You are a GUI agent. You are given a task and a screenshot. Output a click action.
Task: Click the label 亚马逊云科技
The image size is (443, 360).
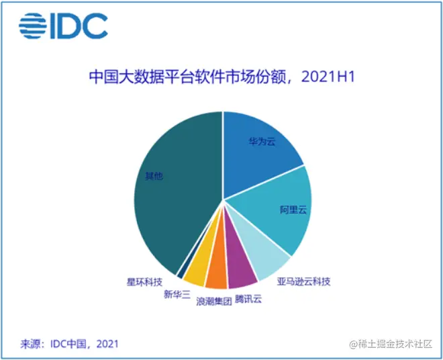pyautogui.click(x=303, y=281)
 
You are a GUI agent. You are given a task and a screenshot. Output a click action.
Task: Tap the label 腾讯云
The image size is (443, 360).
pyautogui.click(x=248, y=299)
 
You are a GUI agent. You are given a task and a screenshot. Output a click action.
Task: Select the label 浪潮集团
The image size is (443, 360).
pyautogui.click(x=213, y=302)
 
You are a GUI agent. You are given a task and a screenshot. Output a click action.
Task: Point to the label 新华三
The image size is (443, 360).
pyautogui.click(x=177, y=294)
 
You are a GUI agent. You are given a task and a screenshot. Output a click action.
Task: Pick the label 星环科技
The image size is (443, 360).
pyautogui.click(x=144, y=283)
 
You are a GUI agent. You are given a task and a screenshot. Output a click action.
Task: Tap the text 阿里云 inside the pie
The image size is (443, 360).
pyautogui.click(x=293, y=210)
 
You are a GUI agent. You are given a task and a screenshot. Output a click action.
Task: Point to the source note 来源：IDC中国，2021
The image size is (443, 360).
pyautogui.click(x=70, y=344)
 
